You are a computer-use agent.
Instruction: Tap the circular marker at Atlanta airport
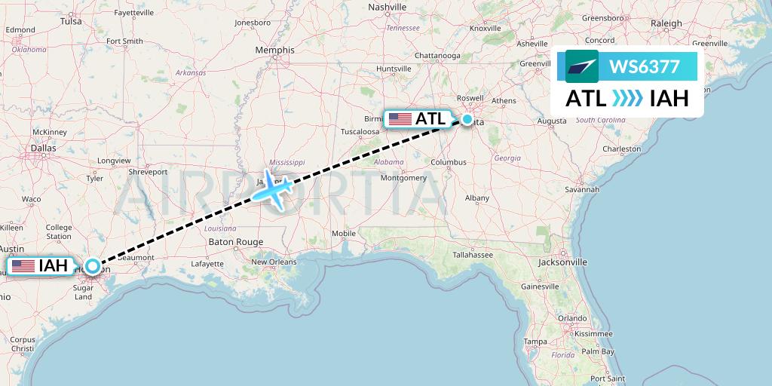coord(467,119)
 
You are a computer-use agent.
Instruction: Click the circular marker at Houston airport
coord(92,265)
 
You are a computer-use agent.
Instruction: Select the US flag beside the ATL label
coord(400,119)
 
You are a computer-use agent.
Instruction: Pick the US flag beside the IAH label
coord(23,265)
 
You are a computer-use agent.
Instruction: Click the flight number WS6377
coord(644,67)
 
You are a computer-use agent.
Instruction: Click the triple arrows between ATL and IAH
coord(627,98)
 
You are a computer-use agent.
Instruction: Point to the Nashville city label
coord(388,7)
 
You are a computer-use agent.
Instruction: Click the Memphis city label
coord(274,51)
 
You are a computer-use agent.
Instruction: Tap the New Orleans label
coord(274,262)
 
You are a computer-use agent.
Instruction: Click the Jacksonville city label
coord(562,262)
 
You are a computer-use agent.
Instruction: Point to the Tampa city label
coord(535,342)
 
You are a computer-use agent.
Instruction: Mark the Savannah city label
coord(583,189)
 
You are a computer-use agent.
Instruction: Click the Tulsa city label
coord(71,21)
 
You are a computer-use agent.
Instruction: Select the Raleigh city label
coord(666,23)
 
